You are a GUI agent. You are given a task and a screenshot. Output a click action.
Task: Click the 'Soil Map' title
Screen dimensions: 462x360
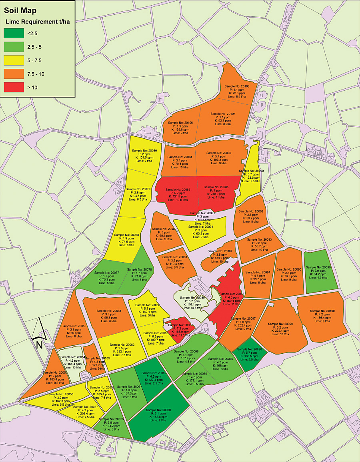tap(20, 11)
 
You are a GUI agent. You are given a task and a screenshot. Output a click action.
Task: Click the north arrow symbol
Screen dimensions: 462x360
tap(40, 334)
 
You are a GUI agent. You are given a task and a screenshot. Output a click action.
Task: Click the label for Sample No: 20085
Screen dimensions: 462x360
tap(216, 192)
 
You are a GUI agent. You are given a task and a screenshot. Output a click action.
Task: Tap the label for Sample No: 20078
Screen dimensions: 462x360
tap(126, 240)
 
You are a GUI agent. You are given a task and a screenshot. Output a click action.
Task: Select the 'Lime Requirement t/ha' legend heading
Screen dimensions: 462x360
tap(37, 22)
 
